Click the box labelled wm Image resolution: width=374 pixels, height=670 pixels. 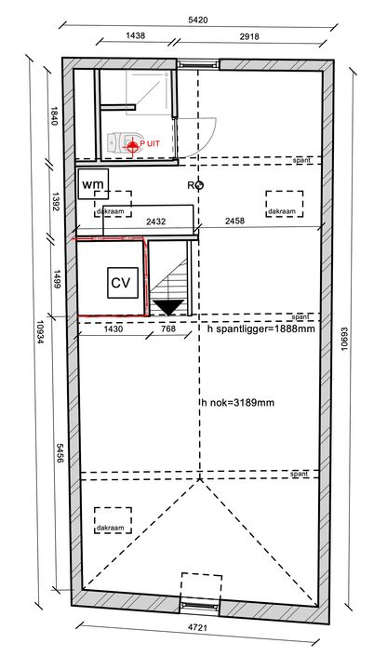pos(93,185)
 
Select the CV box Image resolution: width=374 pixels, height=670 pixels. pos(121,282)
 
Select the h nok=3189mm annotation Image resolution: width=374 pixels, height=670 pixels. pos(237,403)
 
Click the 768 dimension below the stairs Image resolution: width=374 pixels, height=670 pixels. pos(167,328)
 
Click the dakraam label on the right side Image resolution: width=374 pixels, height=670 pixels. pos(285,211)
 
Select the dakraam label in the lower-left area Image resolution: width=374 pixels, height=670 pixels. pos(110,528)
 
